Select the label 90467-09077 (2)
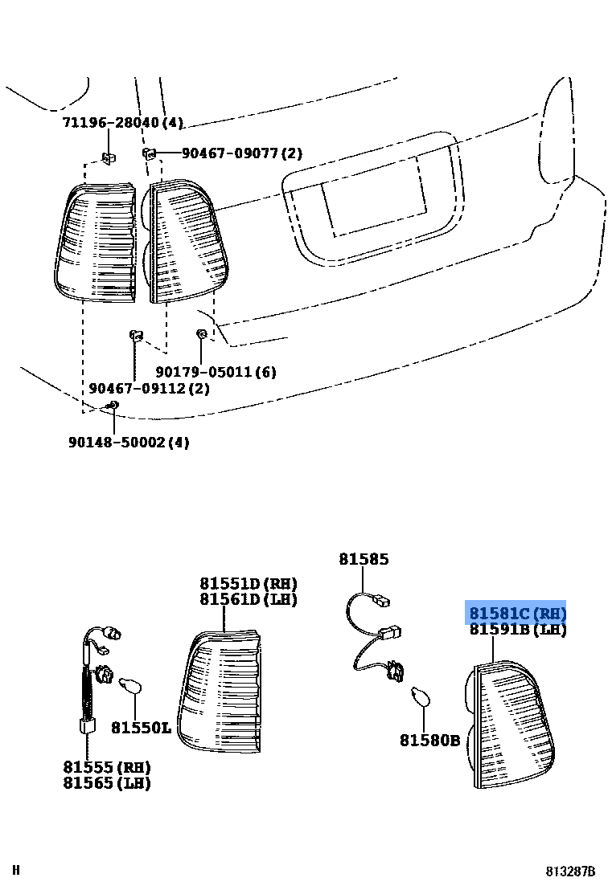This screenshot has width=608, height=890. coord(241,153)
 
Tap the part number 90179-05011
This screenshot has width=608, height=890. coord(216,372)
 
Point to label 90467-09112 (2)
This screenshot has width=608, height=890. coord(149,388)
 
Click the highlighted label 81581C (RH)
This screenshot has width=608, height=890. coord(517,613)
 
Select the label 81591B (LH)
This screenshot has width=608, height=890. coord(518,630)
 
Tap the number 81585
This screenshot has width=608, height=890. coord(364,559)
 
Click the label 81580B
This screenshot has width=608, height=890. coord(429,740)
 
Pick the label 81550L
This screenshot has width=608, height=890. coord(141,728)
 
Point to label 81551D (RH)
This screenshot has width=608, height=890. coord(249,583)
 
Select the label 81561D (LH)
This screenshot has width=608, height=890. coord(249,599)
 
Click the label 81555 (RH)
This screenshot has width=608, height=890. coord(107,767)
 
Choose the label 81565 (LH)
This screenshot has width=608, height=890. coord(107,783)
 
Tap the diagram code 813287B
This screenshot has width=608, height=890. coord(571,872)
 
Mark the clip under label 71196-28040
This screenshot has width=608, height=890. coord(107,157)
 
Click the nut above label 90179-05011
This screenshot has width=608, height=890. coord(201,333)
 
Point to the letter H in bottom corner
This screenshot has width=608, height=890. coord(15,870)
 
